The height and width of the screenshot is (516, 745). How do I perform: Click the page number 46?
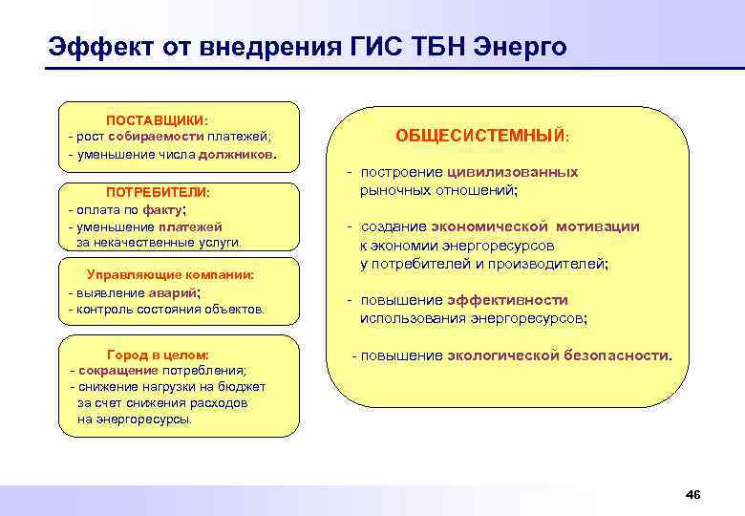tap(693, 494)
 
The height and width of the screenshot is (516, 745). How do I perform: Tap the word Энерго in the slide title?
tap(521, 47)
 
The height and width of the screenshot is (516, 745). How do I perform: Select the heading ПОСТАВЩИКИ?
tap(157, 120)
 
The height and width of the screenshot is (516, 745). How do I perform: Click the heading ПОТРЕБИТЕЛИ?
tap(158, 193)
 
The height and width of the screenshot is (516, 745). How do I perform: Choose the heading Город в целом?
tap(159, 355)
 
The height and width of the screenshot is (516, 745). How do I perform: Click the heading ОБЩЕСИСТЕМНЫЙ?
tap(481, 137)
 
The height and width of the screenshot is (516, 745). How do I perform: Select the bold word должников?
tap(237, 154)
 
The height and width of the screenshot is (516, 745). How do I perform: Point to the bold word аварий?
tap(175, 292)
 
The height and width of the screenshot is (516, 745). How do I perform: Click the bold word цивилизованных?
tap(511, 173)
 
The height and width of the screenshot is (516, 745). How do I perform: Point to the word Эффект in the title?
tap(95, 47)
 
